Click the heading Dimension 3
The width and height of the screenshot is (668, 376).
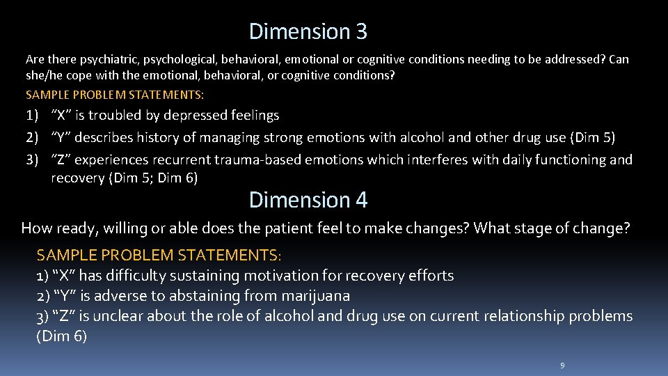pyautogui.click(x=308, y=31)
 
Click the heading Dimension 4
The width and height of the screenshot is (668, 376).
pyautogui.click(x=308, y=201)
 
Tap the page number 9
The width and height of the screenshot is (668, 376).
pyautogui.click(x=562, y=366)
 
